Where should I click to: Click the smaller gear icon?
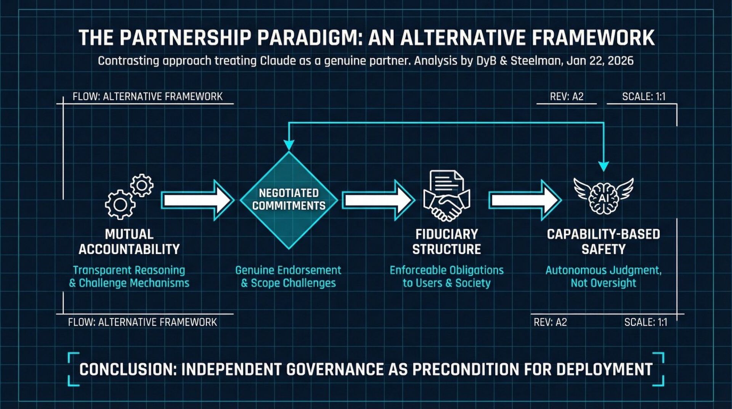(x=142, y=185)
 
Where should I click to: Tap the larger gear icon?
(x=120, y=204)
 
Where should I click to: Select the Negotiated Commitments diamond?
(x=289, y=200)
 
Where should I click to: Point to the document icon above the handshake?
(x=446, y=182)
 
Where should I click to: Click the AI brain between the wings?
(x=604, y=198)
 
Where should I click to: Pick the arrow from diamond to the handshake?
(x=378, y=200)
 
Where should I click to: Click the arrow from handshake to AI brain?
(x=525, y=200)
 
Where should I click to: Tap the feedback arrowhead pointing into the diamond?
(x=289, y=145)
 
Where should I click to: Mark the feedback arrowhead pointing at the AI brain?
(x=604, y=166)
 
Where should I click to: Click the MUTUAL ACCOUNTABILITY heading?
(x=129, y=242)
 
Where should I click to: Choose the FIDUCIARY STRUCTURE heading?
(x=446, y=242)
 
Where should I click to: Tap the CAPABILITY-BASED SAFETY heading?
(x=604, y=242)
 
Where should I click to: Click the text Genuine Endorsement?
(x=288, y=270)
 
